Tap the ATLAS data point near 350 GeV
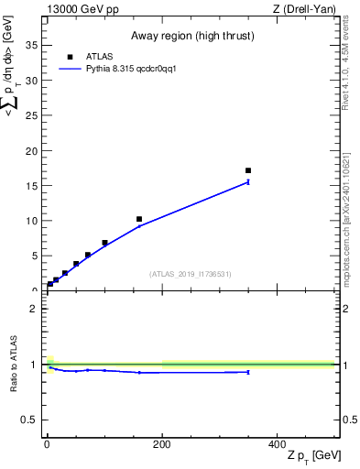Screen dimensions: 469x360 (x=248, y=170)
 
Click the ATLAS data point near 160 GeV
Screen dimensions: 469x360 (x=139, y=219)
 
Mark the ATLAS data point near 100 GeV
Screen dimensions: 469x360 (x=104, y=243)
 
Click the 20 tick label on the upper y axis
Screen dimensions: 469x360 (x=33, y=150)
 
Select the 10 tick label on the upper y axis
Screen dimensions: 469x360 (x=33, y=221)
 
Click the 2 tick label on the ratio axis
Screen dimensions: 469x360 (x=35, y=309)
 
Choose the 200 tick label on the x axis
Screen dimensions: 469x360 (x=161, y=442)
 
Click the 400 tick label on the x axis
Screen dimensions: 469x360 (x=277, y=442)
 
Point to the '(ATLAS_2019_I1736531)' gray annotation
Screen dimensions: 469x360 (x=190, y=274)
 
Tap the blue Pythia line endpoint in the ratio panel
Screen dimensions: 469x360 (x=248, y=372)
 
